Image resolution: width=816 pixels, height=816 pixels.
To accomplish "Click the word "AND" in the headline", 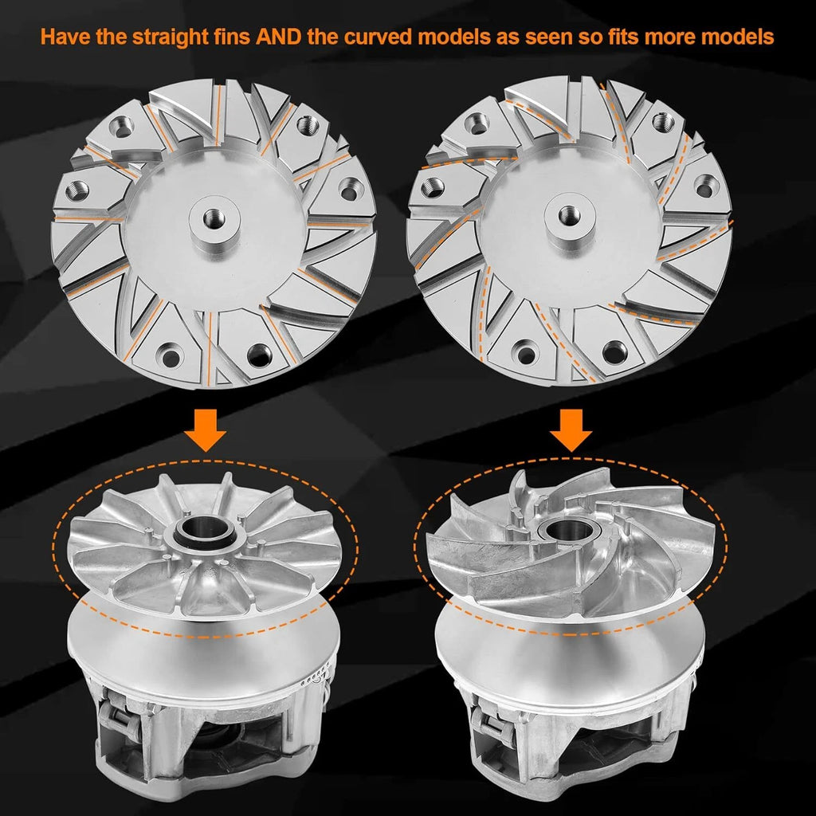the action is [278, 37].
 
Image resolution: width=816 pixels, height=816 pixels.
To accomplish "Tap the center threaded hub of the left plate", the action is [214, 218].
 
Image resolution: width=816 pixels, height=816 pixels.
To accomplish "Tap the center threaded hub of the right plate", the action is [570, 215].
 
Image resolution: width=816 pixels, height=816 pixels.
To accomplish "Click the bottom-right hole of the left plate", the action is [259, 355].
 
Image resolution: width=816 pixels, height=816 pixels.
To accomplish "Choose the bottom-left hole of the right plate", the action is [526, 355].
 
